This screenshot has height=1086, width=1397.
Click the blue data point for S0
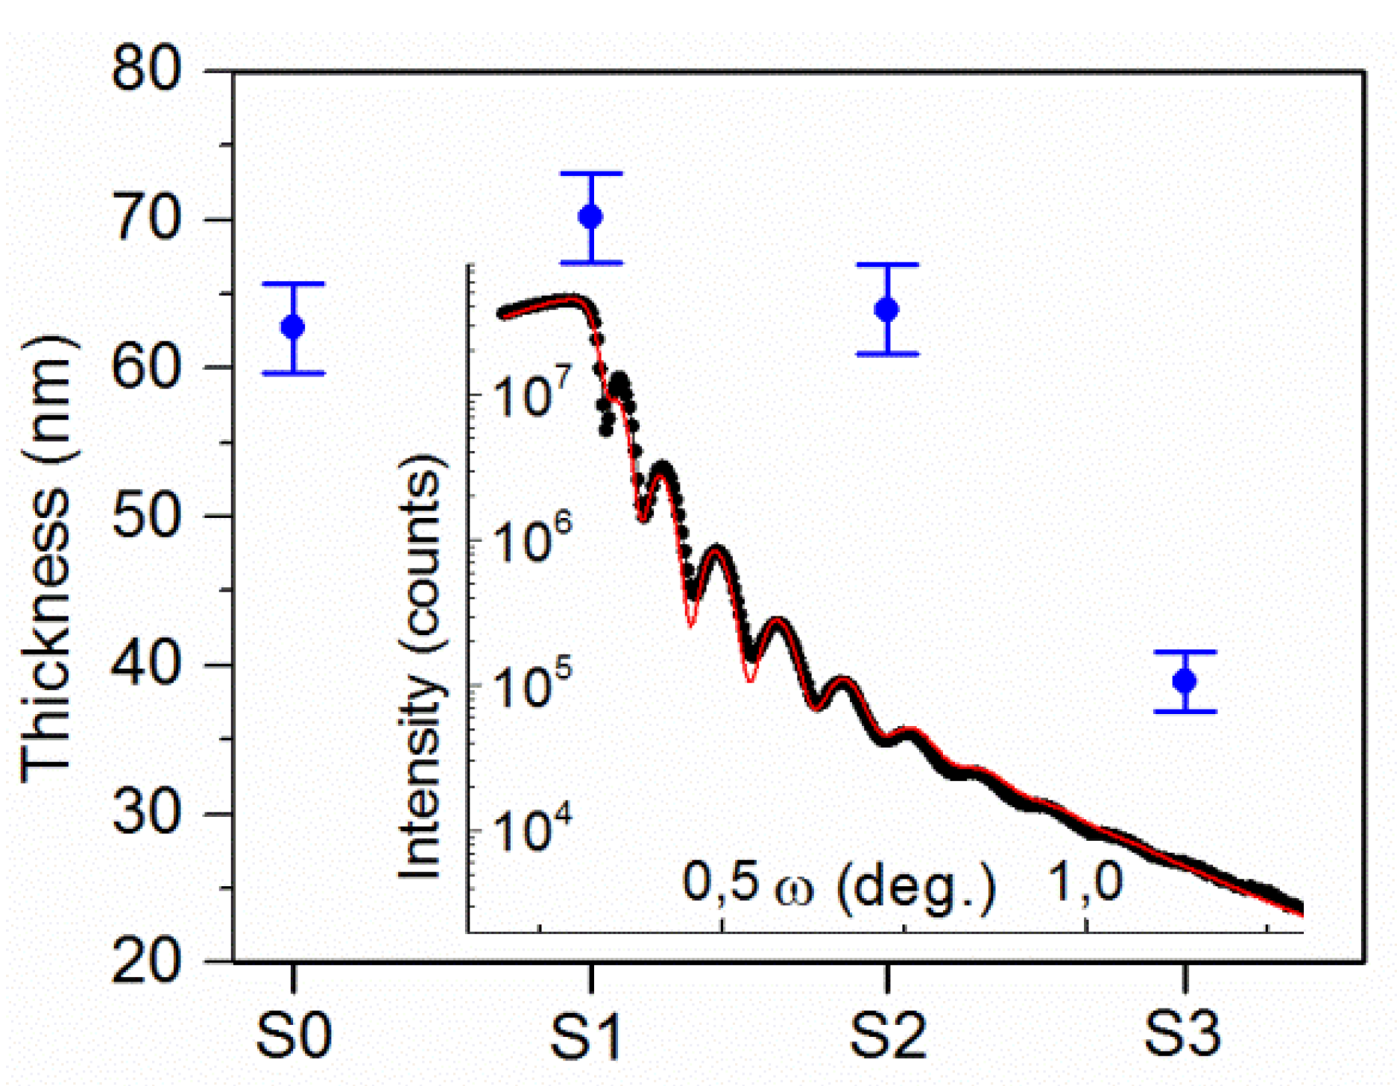(293, 326)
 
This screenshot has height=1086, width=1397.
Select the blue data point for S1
(590, 217)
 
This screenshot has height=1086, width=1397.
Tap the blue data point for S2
(887, 309)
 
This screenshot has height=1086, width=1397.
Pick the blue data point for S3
(1185, 681)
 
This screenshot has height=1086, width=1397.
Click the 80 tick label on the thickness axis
(146, 72)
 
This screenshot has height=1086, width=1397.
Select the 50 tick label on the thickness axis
(146, 516)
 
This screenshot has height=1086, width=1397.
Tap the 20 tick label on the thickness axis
(146, 961)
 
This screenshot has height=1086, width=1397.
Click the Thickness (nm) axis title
(46, 559)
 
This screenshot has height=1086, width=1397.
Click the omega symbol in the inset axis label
(795, 888)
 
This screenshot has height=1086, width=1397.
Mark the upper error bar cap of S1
(591, 174)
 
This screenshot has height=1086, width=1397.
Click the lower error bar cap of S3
(1185, 712)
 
